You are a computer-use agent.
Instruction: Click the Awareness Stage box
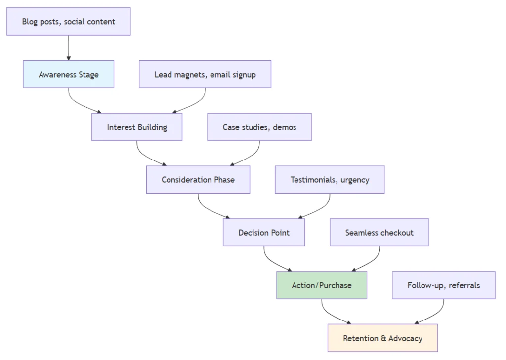(x=69, y=75)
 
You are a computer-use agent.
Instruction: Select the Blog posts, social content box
(x=69, y=22)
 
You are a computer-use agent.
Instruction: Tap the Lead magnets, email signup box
(x=205, y=75)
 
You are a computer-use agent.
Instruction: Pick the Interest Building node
(x=137, y=127)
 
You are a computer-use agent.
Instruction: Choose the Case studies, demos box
(x=259, y=127)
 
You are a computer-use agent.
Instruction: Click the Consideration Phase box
(x=198, y=180)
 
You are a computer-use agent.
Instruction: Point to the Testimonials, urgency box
(x=330, y=180)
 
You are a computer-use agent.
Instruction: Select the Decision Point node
(x=264, y=233)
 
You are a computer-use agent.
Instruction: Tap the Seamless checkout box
(x=379, y=233)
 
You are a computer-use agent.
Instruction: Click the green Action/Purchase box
(x=322, y=285)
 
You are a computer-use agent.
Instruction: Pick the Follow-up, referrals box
(x=444, y=285)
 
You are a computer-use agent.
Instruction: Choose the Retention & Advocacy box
(x=382, y=338)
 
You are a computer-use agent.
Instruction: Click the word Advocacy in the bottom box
(x=405, y=338)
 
